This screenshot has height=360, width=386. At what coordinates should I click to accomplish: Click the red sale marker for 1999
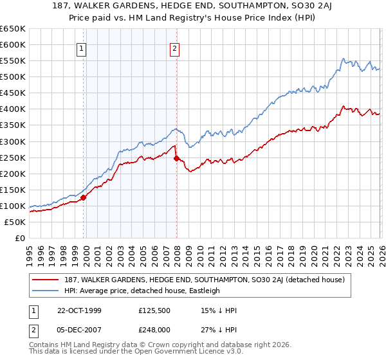[84, 197]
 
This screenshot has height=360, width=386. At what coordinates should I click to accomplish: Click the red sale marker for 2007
[176, 158]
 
